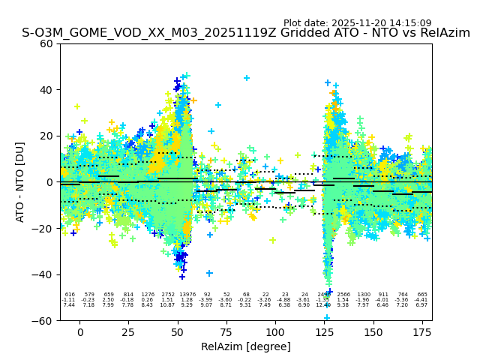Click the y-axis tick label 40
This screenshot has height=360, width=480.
46,90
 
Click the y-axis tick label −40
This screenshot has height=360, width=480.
44,274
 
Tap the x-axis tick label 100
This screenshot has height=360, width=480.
275,332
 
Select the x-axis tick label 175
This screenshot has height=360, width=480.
422,332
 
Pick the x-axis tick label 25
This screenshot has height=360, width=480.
128,332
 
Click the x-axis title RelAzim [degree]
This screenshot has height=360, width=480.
246,346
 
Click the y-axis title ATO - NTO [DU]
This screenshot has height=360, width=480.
20,182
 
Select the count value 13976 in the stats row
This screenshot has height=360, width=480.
187,295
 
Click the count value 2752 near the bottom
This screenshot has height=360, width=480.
167,295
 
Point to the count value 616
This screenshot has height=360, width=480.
70,295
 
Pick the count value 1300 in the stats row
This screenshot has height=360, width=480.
364,295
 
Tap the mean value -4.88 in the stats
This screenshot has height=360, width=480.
285,300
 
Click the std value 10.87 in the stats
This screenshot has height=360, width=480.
167,305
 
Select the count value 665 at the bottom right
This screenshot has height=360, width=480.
422,295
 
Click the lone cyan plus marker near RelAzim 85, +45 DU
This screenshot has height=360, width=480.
247,78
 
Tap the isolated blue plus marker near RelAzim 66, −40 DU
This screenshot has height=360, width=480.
209,273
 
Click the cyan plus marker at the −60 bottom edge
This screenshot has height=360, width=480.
327,318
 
